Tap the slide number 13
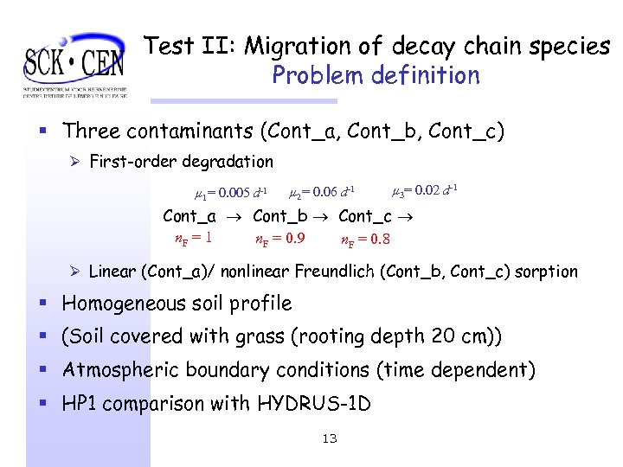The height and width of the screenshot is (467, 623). coord(329,438)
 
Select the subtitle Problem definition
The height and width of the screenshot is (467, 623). coord(376,75)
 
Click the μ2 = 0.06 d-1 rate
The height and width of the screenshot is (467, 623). coord(322,191)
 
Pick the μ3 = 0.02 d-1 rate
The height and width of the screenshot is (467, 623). coord(425,190)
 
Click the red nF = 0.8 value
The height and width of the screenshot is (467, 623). coord(366,240)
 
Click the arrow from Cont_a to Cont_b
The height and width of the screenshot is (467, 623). coord(234,217)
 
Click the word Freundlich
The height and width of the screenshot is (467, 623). coord(335,272)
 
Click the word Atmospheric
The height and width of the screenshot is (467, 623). coord(122,370)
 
